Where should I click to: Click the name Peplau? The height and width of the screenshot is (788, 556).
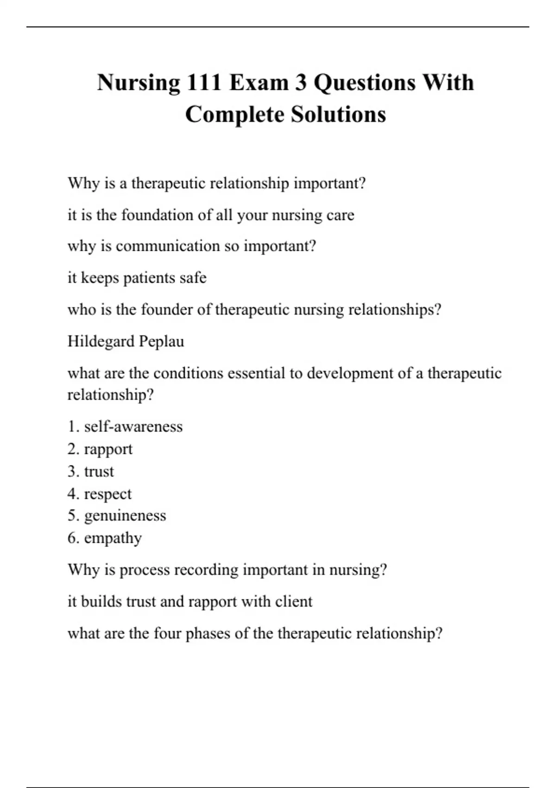click(165, 342)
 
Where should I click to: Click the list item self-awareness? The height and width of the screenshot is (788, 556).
click(133, 426)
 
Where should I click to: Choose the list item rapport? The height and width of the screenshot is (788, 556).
click(108, 449)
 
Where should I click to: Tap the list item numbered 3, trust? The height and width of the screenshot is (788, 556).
click(99, 471)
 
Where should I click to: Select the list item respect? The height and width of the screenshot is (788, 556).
click(107, 494)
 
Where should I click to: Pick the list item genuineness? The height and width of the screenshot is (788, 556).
click(125, 516)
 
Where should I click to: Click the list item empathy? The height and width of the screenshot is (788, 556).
click(113, 539)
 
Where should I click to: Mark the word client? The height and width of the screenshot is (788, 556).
click(294, 602)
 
